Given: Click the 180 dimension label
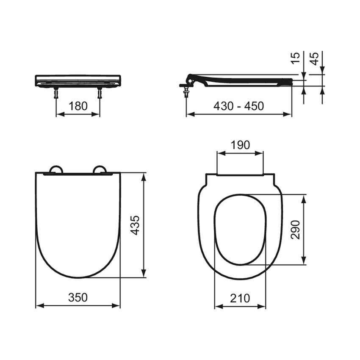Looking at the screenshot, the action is [78, 106].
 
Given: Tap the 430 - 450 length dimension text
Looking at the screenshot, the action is [238, 106].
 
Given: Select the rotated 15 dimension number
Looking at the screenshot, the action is [295, 58].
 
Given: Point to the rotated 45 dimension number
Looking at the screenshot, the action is [314, 58].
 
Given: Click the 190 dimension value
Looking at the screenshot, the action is [240, 145].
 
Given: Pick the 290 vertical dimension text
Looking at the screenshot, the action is [295, 230].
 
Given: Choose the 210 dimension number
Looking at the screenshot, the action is [240, 298].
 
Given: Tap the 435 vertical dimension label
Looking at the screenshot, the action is [135, 225].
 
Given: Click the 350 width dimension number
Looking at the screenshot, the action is [78, 297].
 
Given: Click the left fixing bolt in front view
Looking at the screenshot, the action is [56, 93].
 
